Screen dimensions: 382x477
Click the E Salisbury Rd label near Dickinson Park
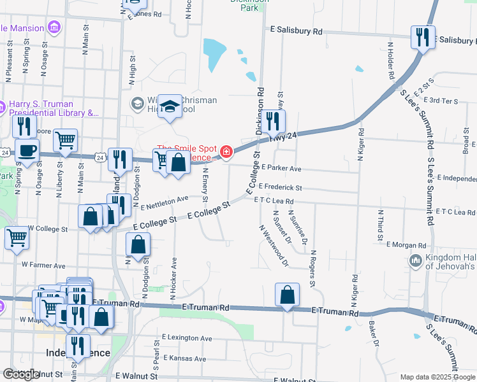[x=297, y=30]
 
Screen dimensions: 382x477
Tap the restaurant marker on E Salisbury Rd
[x=422, y=38]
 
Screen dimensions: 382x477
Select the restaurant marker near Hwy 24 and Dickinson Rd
[x=273, y=122]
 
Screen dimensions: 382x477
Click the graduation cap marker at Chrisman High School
[x=170, y=107]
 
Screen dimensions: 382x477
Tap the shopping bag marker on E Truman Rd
[x=288, y=295]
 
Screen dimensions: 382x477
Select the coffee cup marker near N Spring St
[x=26, y=152]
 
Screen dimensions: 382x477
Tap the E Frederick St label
[x=280, y=188]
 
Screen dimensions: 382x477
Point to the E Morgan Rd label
[x=406, y=245]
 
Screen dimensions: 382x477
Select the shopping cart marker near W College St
[x=17, y=239]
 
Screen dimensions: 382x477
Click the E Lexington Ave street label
[x=187, y=338]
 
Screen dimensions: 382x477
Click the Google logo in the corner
[x=21, y=374]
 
